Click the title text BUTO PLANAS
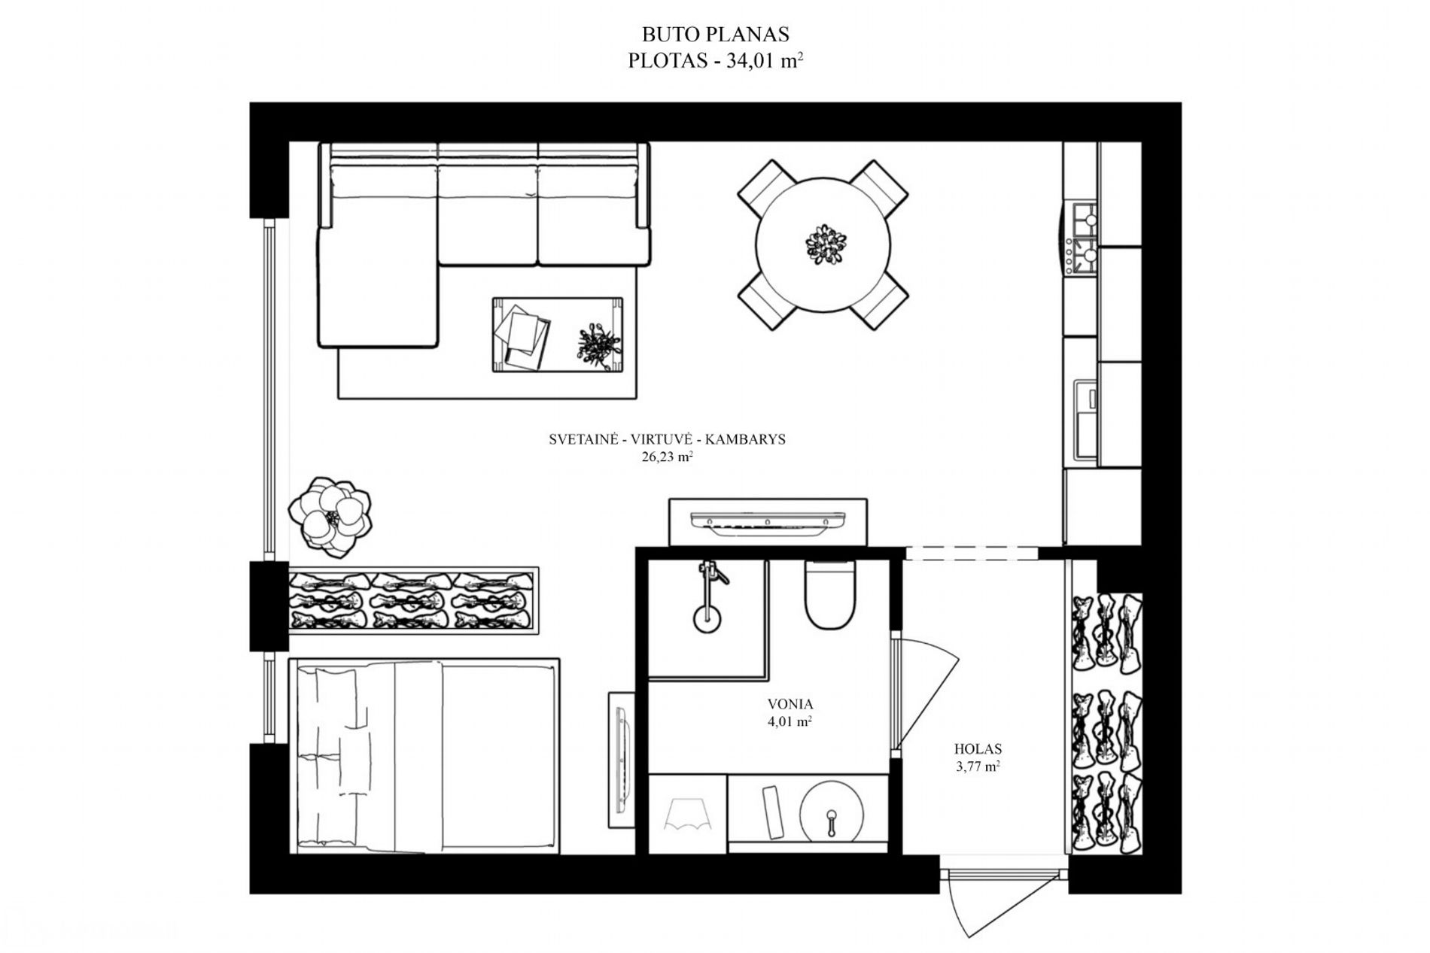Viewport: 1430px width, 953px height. click(714, 35)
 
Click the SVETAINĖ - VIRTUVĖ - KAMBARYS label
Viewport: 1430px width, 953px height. click(667, 440)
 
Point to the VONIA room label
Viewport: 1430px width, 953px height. click(790, 705)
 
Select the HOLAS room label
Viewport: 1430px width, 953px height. click(978, 749)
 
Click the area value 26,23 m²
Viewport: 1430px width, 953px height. click(667, 457)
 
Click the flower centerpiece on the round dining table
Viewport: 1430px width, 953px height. click(826, 244)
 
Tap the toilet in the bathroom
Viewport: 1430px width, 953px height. click(829, 595)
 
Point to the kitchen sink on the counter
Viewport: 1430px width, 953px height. click(1085, 419)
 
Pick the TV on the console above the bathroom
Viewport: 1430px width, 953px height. click(768, 521)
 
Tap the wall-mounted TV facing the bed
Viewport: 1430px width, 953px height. click(622, 759)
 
